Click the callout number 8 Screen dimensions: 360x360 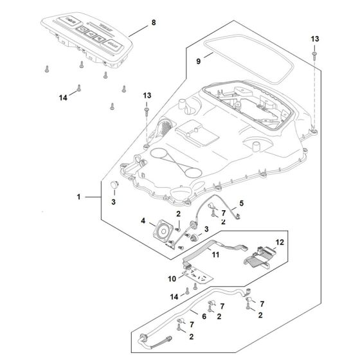coord(153,22)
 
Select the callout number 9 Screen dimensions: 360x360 coord(199,60)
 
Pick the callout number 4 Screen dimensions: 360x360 coord(143,222)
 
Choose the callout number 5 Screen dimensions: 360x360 coord(242,204)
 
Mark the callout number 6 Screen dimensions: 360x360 coord(204,316)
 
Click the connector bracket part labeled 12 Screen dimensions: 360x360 coord(261,255)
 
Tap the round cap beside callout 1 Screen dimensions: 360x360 coord(116,185)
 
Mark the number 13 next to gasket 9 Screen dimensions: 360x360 coord(314,39)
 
